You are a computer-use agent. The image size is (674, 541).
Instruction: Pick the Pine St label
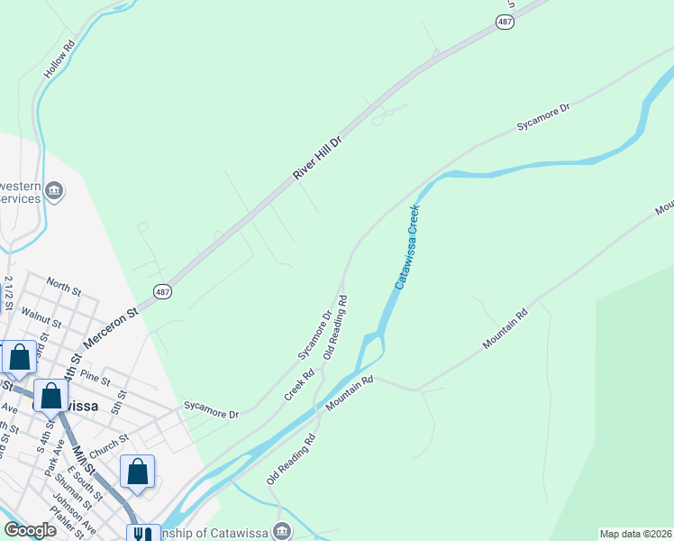click(x=95, y=375)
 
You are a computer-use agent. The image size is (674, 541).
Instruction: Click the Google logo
click(x=30, y=530)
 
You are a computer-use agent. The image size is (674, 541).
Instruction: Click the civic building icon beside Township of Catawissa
click(x=283, y=530)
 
